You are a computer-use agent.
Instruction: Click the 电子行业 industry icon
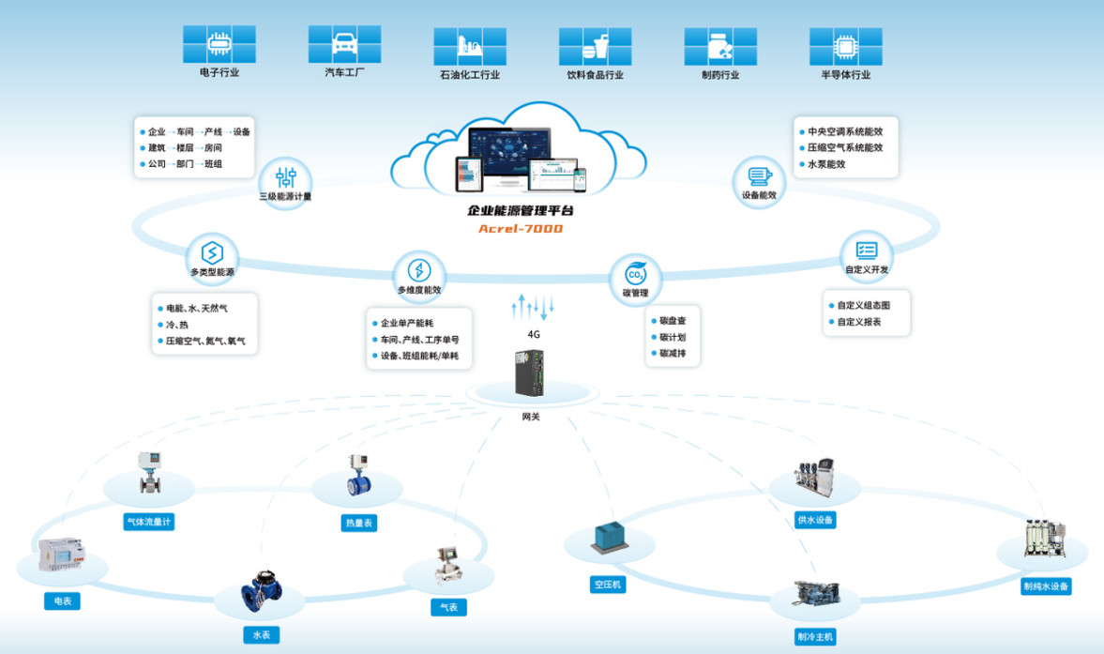pyautogui.click(x=219, y=44)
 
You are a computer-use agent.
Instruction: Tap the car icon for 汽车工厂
pyautogui.click(x=344, y=44)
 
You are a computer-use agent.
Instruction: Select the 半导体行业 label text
pyautogui.click(x=845, y=75)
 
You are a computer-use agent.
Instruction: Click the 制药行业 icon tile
pyautogui.click(x=720, y=46)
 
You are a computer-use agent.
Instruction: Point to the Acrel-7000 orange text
pyautogui.click(x=521, y=229)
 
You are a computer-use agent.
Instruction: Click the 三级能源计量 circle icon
pyautogui.click(x=286, y=176)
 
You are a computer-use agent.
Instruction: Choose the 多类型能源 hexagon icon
pyautogui.click(x=212, y=252)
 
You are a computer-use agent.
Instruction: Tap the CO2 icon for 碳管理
pyautogui.click(x=636, y=275)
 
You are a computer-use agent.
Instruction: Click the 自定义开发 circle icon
pyautogui.click(x=867, y=251)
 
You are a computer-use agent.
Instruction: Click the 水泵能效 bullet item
pyautogui.click(x=826, y=164)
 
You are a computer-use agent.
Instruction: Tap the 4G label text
pyautogui.click(x=534, y=334)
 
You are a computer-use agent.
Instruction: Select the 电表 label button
pyautogui.click(x=63, y=601)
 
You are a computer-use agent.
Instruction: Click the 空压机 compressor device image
pyautogui.click(x=610, y=538)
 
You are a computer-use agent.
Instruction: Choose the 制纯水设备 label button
pyautogui.click(x=1046, y=586)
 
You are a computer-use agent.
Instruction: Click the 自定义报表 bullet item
pyautogui.click(x=858, y=322)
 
